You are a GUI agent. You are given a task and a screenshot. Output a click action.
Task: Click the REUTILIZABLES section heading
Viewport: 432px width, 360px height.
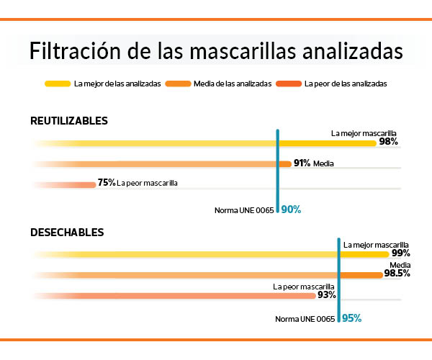click(69, 120)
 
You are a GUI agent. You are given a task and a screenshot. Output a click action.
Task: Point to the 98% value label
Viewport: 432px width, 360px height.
click(389, 143)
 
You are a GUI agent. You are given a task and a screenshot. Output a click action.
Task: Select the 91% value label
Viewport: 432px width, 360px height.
click(302, 163)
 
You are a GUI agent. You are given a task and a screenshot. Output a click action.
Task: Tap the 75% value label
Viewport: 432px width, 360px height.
click(107, 183)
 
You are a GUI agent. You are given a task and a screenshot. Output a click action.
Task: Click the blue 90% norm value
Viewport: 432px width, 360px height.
click(291, 210)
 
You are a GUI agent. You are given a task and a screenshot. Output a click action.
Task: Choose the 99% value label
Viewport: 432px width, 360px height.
click(401, 253)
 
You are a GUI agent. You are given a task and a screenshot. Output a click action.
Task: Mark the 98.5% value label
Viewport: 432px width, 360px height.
click(397, 274)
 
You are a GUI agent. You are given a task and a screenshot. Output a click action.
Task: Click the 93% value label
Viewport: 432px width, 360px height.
click(327, 295)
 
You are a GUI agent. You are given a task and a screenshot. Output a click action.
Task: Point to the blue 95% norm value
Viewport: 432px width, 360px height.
click(351, 318)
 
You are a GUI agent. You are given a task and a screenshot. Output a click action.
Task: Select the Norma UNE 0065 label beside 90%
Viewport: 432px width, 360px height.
click(245, 211)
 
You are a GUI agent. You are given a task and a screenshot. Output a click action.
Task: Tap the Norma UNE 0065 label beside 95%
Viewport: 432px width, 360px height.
click(306, 318)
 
